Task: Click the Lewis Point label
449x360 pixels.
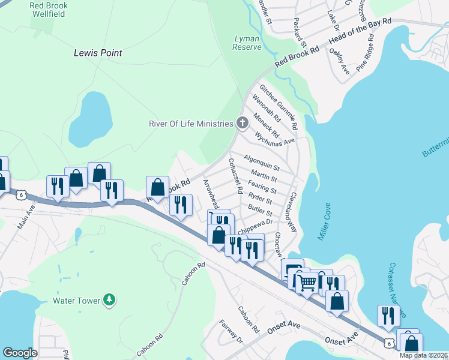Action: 98,53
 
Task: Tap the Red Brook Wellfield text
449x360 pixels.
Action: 49,10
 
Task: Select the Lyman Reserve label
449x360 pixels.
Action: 247,43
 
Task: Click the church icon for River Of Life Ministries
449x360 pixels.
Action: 242,124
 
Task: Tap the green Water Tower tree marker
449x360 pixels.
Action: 109,299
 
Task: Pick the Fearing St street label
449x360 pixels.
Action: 262,189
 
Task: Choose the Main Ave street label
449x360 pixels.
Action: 27,217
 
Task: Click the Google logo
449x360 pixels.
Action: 20,352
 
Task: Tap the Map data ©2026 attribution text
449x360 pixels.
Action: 423,355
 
